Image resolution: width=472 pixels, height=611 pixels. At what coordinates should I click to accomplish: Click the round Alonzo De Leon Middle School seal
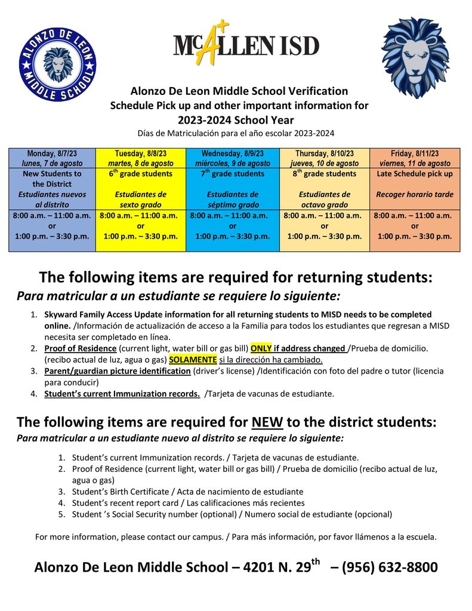pyautogui.click(x=57, y=64)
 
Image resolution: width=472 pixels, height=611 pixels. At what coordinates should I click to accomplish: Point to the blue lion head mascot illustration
pyautogui.click(x=415, y=57)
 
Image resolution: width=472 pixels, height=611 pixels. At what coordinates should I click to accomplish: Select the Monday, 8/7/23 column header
pyautogui.click(x=52, y=158)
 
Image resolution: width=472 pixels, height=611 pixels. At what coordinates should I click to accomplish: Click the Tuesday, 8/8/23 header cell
pyautogui.click(x=141, y=158)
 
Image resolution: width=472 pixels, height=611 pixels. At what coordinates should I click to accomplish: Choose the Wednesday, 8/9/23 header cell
pyautogui.click(x=233, y=158)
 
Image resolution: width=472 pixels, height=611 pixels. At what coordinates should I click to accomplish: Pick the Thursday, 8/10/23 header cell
pyautogui.click(x=325, y=158)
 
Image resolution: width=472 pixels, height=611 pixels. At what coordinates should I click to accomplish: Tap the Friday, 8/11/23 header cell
pyautogui.click(x=415, y=158)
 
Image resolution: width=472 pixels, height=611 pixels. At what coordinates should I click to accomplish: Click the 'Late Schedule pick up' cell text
pyautogui.click(x=415, y=174)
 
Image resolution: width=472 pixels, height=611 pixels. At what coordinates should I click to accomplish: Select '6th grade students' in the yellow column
pyautogui.click(x=141, y=174)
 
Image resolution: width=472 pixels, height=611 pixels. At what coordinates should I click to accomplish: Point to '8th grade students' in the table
pyautogui.click(x=325, y=174)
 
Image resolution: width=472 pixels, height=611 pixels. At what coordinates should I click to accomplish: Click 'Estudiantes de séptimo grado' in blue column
pyautogui.click(x=233, y=199)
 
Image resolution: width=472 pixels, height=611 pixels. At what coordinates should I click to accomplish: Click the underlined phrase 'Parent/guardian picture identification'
pyautogui.click(x=118, y=371)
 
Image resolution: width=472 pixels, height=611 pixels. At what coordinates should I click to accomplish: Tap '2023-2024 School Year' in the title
pyautogui.click(x=236, y=119)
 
